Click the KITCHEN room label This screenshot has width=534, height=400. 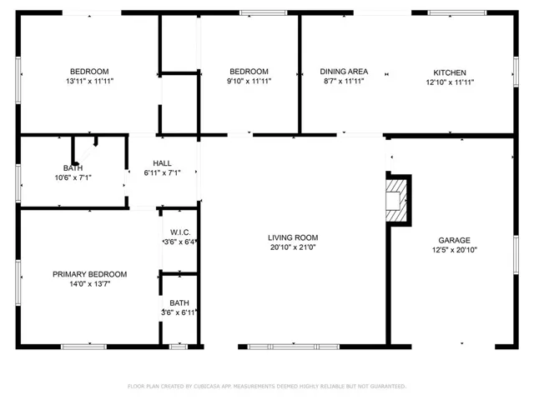[x=450, y=72]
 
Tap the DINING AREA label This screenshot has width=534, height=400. [x=344, y=72]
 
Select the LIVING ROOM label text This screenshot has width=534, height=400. [x=293, y=237]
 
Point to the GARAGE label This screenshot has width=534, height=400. [x=454, y=240]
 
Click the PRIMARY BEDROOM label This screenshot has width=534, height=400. [x=90, y=274]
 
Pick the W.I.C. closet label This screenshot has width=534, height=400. [x=180, y=232]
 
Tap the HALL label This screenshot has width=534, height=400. [x=162, y=163]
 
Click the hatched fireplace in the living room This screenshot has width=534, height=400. [x=396, y=201]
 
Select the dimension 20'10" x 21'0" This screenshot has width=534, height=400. [x=293, y=247]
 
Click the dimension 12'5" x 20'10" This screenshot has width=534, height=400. [x=455, y=250]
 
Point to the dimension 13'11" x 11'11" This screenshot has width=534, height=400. [x=89, y=81]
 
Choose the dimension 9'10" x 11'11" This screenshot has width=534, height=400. [x=249, y=81]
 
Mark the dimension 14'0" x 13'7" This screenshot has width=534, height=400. [x=90, y=283]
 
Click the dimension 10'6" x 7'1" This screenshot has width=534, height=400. [x=73, y=177]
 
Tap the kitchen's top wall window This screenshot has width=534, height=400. [x=457, y=13]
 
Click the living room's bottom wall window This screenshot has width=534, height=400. [x=293, y=347]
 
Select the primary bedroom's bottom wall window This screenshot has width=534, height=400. [x=83, y=347]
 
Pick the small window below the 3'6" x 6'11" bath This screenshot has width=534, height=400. [x=179, y=347]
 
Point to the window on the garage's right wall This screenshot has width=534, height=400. [x=516, y=255]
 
